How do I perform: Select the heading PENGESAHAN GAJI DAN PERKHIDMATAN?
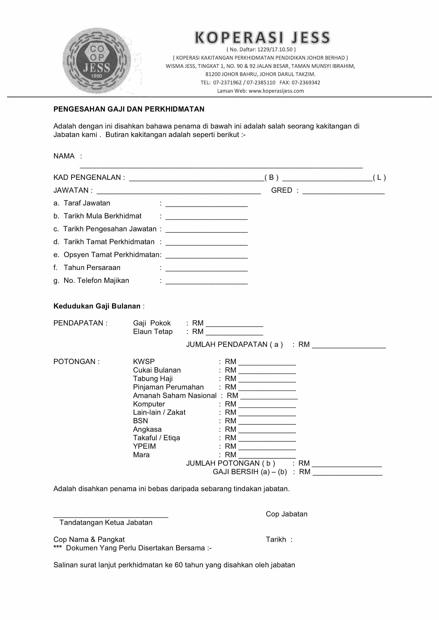pyautogui.click(x=129, y=109)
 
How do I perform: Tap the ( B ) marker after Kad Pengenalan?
pyautogui.click(x=271, y=177)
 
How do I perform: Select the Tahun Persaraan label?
pyautogui.click(x=92, y=268)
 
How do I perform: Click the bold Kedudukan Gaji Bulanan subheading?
pyautogui.click(x=97, y=306)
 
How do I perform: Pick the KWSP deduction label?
pyautogui.click(x=144, y=362)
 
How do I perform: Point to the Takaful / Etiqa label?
pyautogui.click(x=156, y=438)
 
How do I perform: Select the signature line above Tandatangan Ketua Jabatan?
pyautogui.click(x=111, y=517)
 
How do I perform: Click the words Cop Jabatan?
pyautogui.click(x=287, y=514)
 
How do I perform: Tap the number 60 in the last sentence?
pyautogui.click(x=179, y=565)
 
